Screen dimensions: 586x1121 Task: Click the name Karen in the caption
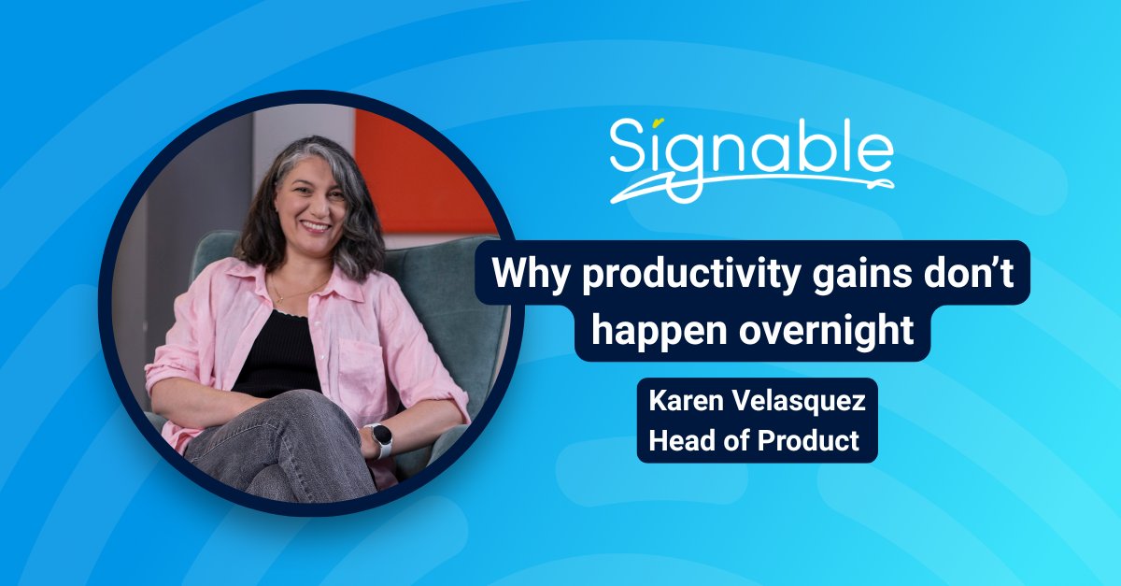pyautogui.click(x=689, y=405)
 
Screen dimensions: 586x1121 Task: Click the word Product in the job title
pyautogui.click(x=809, y=440)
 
